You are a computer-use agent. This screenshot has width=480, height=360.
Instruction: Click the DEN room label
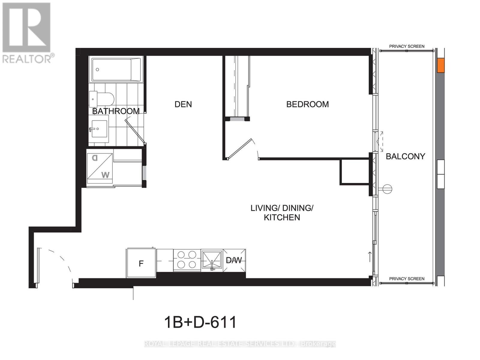click(183, 104)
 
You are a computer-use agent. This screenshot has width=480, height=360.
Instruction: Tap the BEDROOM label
click(307, 104)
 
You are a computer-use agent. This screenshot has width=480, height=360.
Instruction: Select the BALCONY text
click(405, 156)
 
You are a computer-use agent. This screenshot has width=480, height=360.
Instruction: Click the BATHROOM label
click(116, 111)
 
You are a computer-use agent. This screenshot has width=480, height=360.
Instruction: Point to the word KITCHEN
click(282, 217)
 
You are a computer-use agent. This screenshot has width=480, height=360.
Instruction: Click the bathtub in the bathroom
click(116, 70)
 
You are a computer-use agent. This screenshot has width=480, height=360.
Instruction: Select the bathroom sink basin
click(99, 129)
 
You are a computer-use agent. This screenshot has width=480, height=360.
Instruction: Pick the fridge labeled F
click(141, 263)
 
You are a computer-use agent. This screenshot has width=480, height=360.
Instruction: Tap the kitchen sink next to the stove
click(211, 260)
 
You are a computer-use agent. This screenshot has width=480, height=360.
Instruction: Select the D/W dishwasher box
click(234, 260)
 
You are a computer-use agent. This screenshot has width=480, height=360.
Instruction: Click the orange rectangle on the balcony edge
click(440, 65)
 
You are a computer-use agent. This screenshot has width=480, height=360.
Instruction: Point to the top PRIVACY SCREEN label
click(406, 46)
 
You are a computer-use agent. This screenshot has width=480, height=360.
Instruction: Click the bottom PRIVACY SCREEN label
click(406, 279)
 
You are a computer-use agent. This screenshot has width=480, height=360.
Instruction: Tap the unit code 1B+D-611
click(200, 322)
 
